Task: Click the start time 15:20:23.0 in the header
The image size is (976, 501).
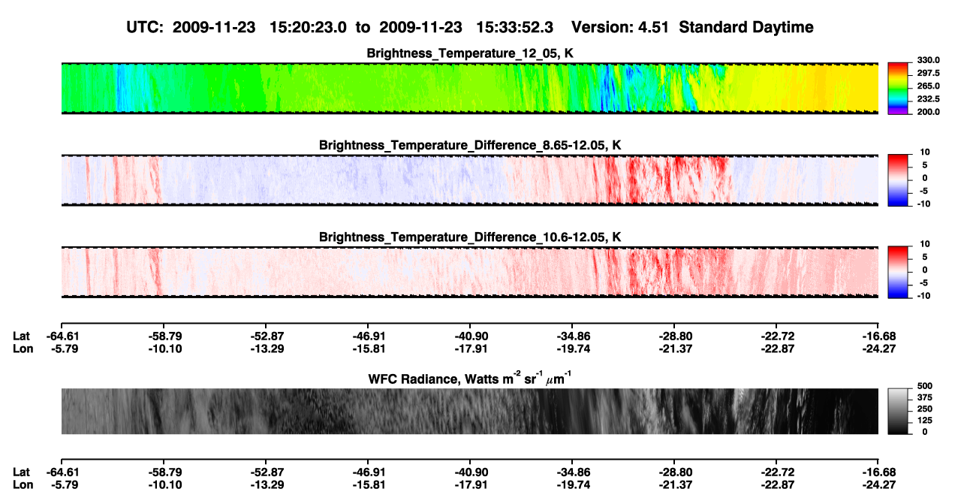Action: [x=308, y=27]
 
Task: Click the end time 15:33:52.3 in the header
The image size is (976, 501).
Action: [x=514, y=27]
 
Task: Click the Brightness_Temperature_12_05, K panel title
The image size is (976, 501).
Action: [x=470, y=53]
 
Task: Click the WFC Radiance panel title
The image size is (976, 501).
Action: [x=470, y=379]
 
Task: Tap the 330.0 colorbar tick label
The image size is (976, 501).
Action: [x=928, y=60]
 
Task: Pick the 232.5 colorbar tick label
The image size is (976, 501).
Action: [x=928, y=99]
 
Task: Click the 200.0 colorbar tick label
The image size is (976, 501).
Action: [x=928, y=112]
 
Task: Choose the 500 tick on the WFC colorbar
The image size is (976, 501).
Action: [x=924, y=386]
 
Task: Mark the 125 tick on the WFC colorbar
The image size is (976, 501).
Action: [x=924, y=421]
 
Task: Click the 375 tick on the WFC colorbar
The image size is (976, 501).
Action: [x=924, y=397]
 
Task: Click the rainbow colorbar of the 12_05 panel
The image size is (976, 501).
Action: [x=898, y=89]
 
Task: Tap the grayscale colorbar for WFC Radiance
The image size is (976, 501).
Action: [x=898, y=411]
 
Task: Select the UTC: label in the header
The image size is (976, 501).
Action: [x=145, y=27]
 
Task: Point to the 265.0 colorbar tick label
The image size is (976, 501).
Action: [x=928, y=86]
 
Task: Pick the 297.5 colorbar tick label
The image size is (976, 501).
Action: [x=928, y=73]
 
